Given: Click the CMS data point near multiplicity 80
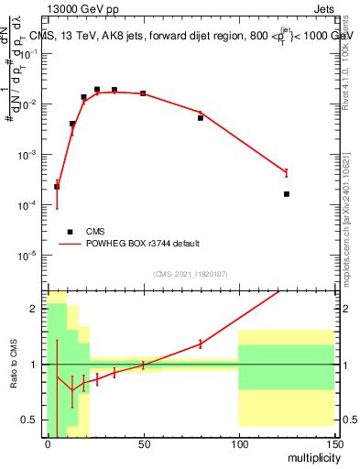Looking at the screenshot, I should click(x=201, y=118).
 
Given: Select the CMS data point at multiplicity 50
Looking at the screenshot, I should click(x=143, y=93).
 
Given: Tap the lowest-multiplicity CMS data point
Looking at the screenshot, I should click(x=57, y=187).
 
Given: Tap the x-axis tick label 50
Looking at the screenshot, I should click(x=143, y=443).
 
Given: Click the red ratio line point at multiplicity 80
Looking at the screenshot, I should click(x=201, y=344).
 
